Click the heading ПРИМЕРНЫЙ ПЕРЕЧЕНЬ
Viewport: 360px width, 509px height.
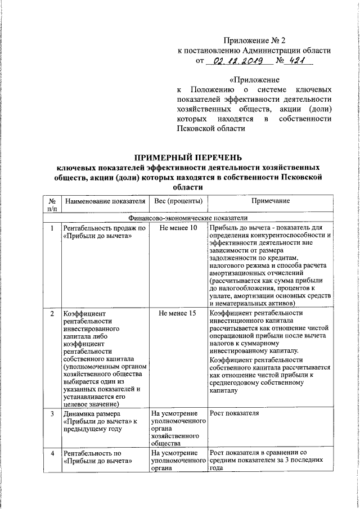190,156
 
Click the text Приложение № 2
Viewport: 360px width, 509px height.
254,40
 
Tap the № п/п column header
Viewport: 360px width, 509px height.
52,205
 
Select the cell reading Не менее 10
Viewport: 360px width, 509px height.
178,228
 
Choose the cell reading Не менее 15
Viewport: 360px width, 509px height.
178,313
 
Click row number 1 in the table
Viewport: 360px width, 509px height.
52,228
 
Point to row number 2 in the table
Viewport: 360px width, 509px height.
52,313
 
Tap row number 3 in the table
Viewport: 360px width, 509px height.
52,413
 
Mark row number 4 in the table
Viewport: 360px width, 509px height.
52,453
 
